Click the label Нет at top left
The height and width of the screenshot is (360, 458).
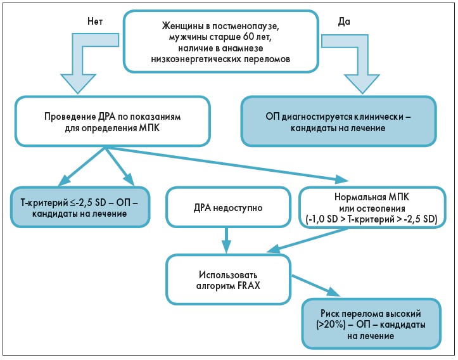tap(94, 21)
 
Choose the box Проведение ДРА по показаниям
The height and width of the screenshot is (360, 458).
tap(105, 122)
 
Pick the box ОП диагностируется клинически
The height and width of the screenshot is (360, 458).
tap(339, 122)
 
